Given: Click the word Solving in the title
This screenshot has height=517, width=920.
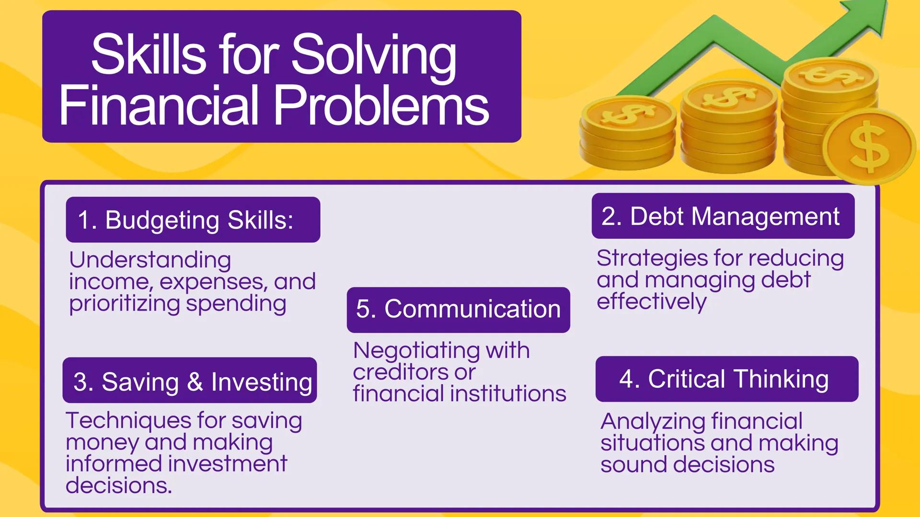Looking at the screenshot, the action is coord(374,55).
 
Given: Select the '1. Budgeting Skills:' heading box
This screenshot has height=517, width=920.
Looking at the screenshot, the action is coord(193,220).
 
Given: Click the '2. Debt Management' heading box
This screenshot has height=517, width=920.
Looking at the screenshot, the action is coord(723,216).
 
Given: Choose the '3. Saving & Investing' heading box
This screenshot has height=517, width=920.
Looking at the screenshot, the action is coord(190,380).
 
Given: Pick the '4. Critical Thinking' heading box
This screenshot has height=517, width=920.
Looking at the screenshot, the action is coord(727,379).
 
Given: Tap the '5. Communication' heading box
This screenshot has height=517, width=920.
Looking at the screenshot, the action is coord(459,310).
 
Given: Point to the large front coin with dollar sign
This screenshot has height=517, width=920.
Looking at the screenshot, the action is coord(868,146).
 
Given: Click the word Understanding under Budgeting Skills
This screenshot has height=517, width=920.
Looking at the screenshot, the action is coord(150,260).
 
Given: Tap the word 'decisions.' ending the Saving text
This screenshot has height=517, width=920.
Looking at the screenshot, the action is coord(119,485).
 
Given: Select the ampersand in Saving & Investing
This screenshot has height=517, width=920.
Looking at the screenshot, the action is coord(195,382).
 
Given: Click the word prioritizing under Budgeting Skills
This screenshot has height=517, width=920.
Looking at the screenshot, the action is coord(124,304).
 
